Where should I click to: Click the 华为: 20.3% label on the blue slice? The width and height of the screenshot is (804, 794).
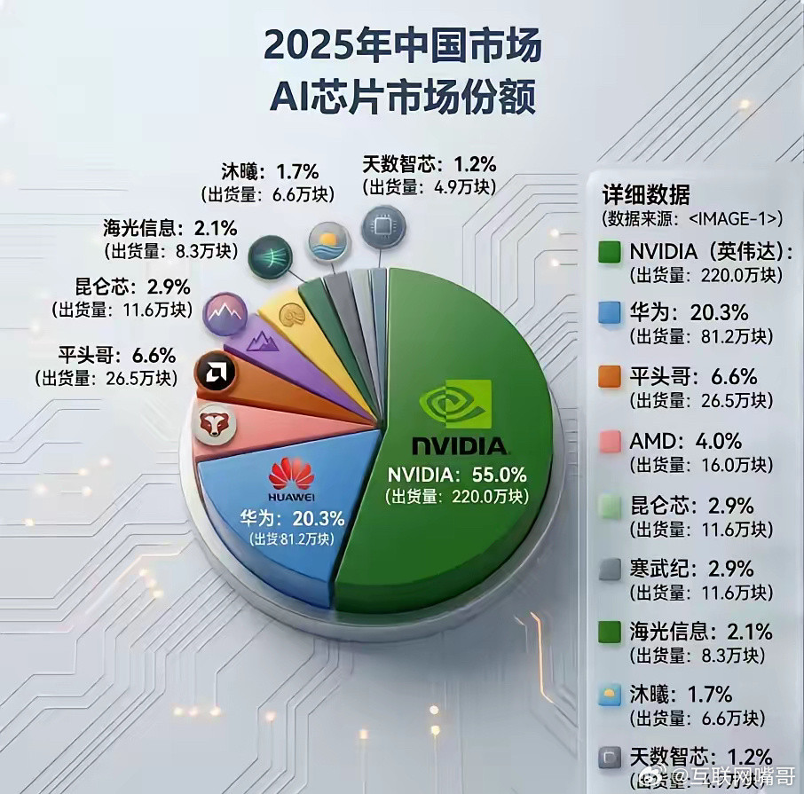click(x=292, y=518)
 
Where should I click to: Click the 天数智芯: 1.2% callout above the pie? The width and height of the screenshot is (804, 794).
click(x=429, y=164)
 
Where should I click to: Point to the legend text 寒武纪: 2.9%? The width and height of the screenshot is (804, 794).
click(x=691, y=568)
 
